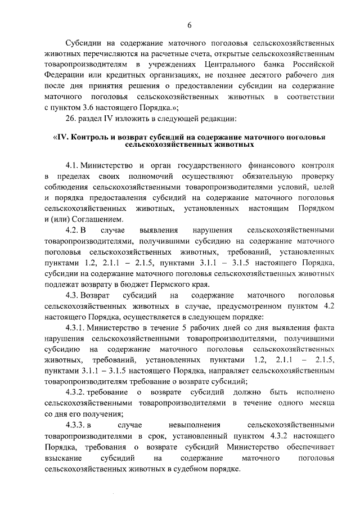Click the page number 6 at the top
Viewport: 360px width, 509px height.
click(x=190, y=25)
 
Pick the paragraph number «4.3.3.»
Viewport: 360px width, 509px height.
click(x=76, y=425)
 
